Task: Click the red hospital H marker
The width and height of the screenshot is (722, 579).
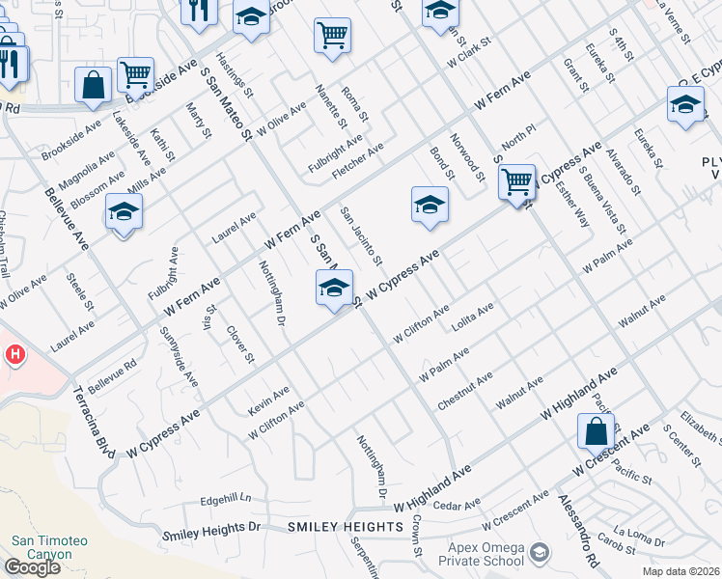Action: click(14, 355)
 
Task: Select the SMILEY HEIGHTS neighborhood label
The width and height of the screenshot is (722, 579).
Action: click(345, 526)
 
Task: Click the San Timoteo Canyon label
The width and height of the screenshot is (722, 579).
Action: click(42, 547)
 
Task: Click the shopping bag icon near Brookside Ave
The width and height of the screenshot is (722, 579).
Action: click(94, 84)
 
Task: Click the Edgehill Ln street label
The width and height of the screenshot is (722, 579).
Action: click(225, 499)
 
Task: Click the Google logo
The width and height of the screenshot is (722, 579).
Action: click(32, 567)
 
